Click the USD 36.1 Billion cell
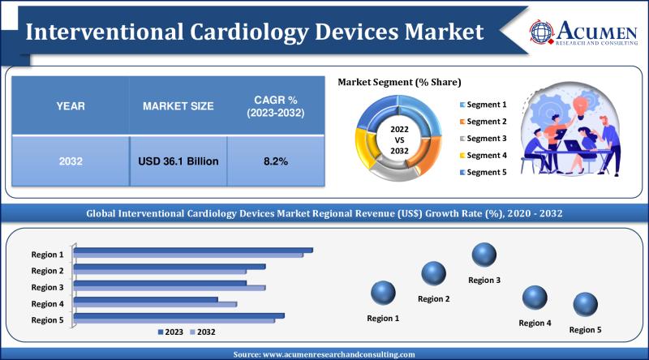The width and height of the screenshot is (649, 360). click(x=178, y=161)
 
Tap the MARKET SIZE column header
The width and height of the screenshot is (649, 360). click(x=178, y=106)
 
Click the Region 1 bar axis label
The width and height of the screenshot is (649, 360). click(x=47, y=254)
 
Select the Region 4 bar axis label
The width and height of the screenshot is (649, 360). click(x=47, y=304)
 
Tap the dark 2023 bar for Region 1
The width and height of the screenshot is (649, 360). click(x=194, y=250)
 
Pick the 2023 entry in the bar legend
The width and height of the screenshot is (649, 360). click(x=171, y=332)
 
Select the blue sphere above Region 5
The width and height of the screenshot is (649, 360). click(x=585, y=305)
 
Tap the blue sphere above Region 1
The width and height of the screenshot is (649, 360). click(x=383, y=293)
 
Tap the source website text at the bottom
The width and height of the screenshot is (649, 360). click(x=324, y=354)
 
